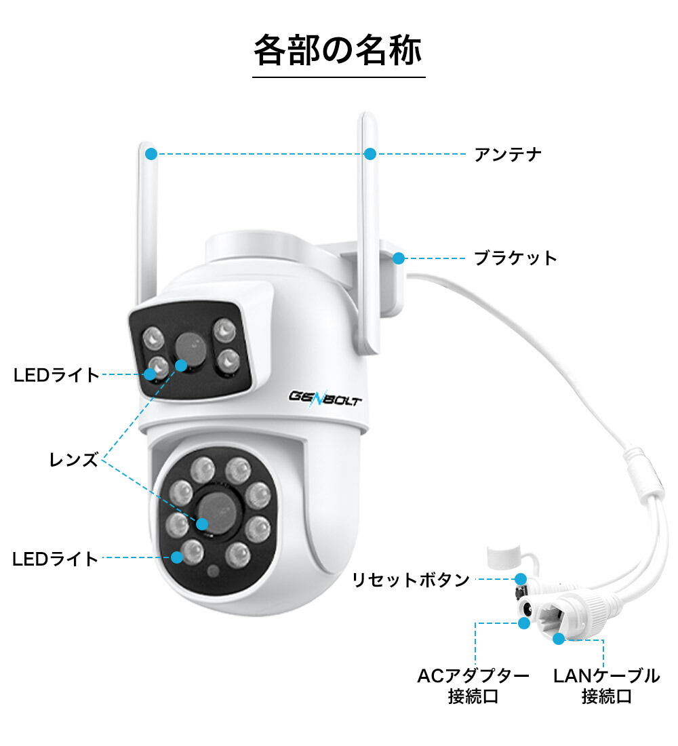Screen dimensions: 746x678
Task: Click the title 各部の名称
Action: coord(338,50)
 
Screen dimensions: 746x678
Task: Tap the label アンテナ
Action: coord(508,155)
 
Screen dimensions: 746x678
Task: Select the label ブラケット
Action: coord(515,258)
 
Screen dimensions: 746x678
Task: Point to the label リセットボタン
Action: coord(410,580)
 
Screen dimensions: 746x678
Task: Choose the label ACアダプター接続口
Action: coord(473,686)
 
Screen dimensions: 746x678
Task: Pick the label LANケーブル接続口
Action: coord(606,686)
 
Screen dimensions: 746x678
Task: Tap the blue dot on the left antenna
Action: coord(151,154)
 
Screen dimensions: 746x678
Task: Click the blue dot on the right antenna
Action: coord(370,154)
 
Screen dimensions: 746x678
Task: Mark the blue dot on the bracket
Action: coord(399,258)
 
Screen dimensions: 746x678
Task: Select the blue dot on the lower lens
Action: coord(202,523)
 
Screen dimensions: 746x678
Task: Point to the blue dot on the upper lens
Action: coord(180,366)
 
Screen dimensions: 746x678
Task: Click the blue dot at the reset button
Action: coord(520,579)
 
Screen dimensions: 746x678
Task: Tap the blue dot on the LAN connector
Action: coord(558,638)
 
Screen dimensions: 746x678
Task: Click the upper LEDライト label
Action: coord(56,374)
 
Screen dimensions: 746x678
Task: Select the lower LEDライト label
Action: coord(56,559)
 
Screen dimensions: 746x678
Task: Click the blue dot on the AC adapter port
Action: coord(523,623)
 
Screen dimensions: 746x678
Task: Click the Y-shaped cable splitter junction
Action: coord(641,475)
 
